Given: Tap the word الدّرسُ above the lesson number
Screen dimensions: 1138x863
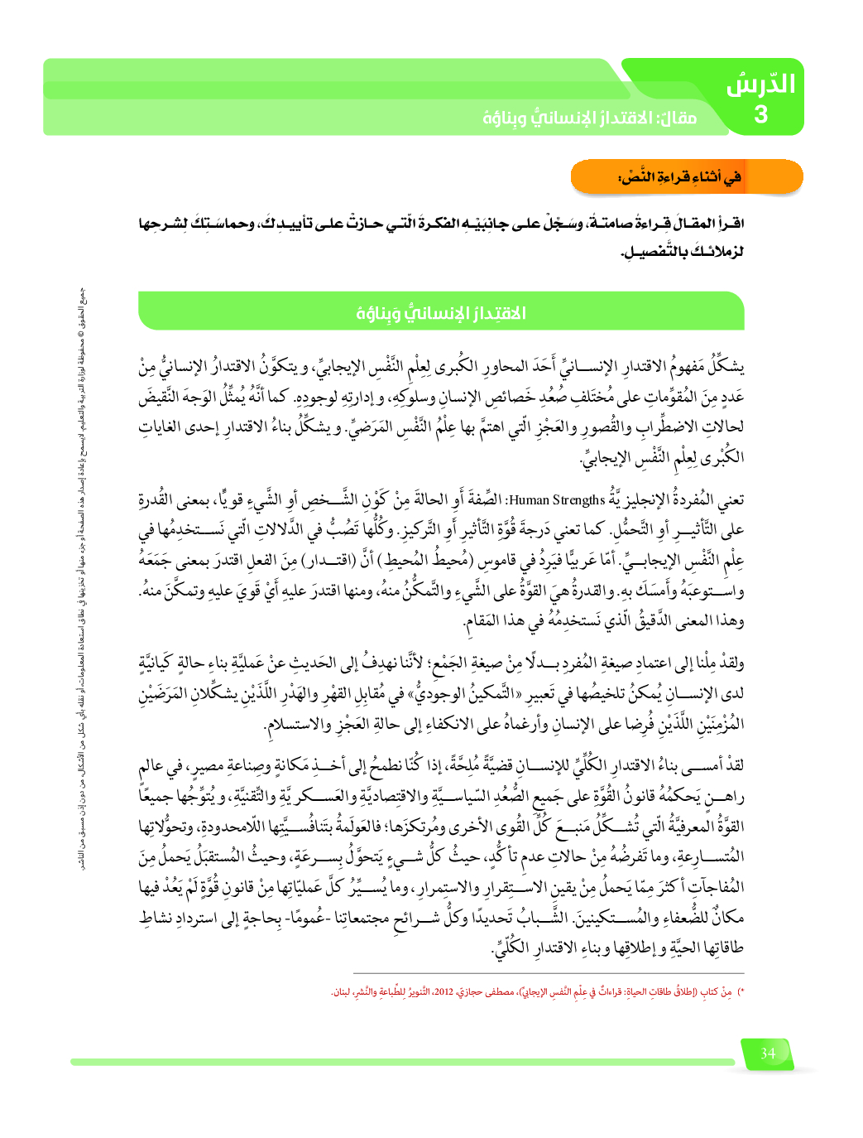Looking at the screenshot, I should click(760, 84).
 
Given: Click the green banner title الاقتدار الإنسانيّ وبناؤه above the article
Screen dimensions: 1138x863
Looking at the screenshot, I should click(441, 313).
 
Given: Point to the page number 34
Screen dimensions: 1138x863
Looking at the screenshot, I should click(768, 1053).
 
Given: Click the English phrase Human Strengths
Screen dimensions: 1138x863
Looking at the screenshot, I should click(558, 500).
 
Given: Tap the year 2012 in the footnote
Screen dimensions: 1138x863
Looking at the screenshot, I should click(444, 991).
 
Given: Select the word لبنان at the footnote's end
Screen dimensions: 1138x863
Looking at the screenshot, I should click(341, 991).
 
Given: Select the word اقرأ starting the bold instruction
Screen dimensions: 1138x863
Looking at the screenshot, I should click(731, 224).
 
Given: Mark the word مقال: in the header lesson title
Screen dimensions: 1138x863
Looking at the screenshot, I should click(678, 118).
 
